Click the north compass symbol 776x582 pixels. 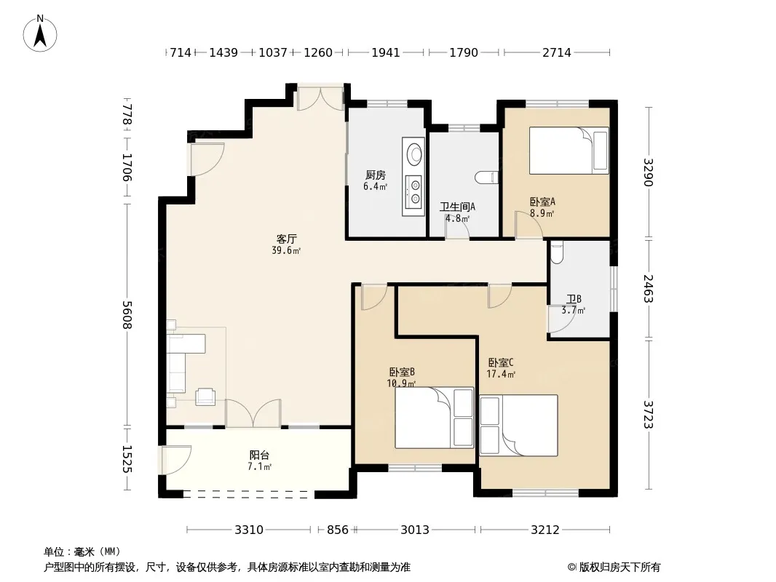40,33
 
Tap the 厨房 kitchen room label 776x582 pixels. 376,175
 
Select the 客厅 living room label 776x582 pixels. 287,239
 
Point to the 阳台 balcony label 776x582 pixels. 259,455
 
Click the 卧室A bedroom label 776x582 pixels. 542,202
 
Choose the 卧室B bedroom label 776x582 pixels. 402,372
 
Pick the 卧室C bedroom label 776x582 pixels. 501,362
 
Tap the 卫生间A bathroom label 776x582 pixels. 457,207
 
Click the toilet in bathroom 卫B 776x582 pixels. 556,251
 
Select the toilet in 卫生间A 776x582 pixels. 486,178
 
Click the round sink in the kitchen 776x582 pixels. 413,154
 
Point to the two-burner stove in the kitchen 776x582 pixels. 413,192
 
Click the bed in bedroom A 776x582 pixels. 569,151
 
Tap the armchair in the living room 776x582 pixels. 205,396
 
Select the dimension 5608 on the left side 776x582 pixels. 127,314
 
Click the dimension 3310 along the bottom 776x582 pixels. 249,530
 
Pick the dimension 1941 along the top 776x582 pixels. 386,52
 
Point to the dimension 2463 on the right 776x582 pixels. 649,289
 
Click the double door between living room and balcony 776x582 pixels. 253,413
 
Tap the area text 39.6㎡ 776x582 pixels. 287,251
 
